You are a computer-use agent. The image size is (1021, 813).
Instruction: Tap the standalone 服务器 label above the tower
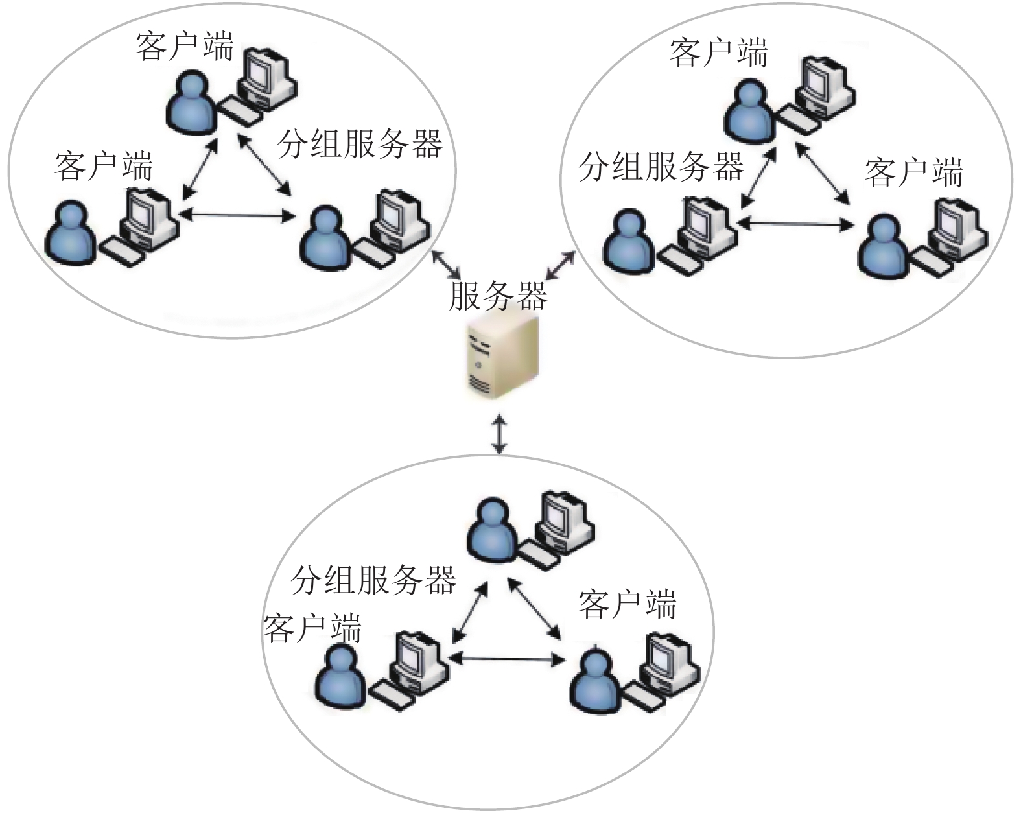[x=498, y=296]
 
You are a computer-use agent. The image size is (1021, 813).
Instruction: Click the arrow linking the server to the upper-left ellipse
[x=445, y=264]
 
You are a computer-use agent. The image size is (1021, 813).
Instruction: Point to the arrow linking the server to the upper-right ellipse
[x=560, y=265]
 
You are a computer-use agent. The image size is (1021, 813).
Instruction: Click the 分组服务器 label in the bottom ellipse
[x=373, y=580]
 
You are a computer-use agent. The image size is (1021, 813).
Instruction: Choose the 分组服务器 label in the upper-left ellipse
[x=360, y=143]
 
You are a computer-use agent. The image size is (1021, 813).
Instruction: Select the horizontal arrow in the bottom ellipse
[x=507, y=659]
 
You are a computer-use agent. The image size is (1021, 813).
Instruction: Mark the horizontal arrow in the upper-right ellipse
[x=795, y=224]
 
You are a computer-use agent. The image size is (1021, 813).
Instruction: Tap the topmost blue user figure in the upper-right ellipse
[x=749, y=111]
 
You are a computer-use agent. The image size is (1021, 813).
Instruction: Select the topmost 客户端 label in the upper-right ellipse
[x=719, y=53]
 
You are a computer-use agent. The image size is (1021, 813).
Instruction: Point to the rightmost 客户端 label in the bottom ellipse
[x=628, y=604]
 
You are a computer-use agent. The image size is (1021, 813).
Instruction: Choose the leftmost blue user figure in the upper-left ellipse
[x=71, y=233]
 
